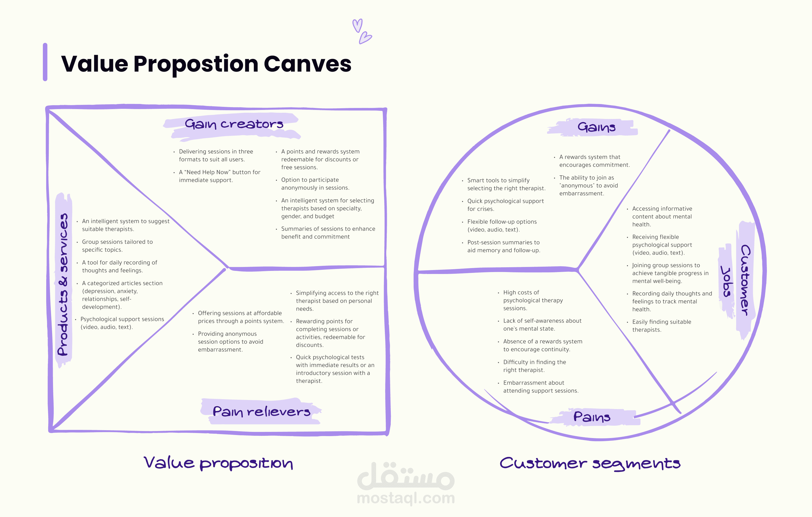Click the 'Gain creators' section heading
[x=234, y=124]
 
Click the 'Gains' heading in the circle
[x=596, y=127]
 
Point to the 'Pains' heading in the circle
[x=592, y=417]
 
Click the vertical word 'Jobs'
[x=726, y=281]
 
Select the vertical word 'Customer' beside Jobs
[x=745, y=280]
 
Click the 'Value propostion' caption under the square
[x=218, y=463]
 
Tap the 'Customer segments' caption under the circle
[x=590, y=463]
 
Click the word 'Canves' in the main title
[x=308, y=64]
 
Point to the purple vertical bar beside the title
[x=45, y=62]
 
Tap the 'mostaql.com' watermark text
[x=406, y=498]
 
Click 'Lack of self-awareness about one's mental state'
[x=540, y=325]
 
